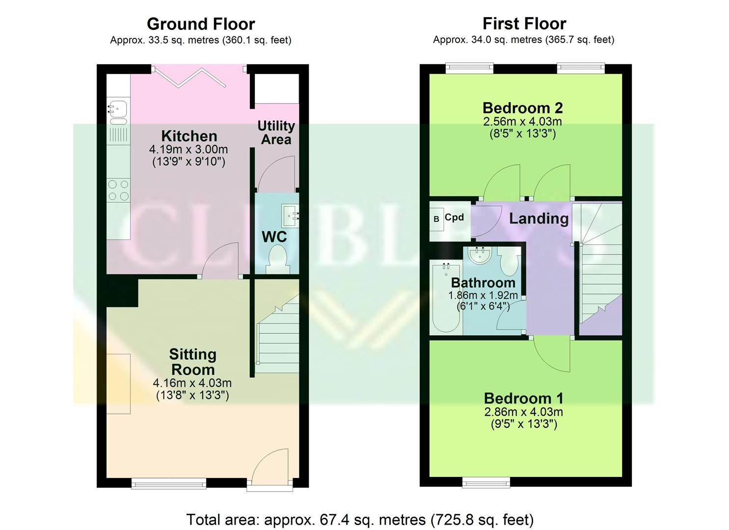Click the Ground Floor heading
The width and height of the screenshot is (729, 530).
(x=201, y=24)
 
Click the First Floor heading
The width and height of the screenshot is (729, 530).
(x=524, y=24)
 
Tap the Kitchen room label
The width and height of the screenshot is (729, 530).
(x=189, y=136)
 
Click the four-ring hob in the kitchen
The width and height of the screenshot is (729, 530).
(x=118, y=190)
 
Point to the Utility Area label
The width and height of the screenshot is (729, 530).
(x=276, y=132)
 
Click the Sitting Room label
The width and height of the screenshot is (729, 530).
(x=192, y=362)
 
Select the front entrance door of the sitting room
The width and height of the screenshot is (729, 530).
(x=270, y=469)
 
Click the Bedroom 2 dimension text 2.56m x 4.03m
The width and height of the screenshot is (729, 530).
(x=522, y=122)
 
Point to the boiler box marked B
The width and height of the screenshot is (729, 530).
(x=436, y=219)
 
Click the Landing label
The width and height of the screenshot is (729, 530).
(x=539, y=218)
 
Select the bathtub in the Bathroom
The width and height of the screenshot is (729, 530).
(x=446, y=297)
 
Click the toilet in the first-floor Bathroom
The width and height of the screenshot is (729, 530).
(x=510, y=263)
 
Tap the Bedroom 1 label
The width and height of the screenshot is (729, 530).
(x=523, y=398)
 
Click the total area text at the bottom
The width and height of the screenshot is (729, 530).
(x=360, y=519)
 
